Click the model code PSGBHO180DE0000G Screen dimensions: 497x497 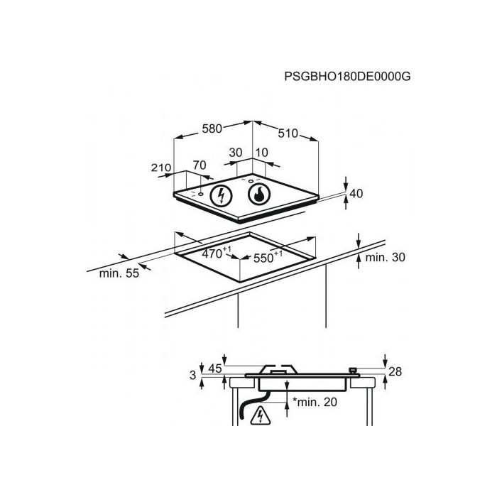click(347, 77)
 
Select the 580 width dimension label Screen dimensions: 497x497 click(212, 129)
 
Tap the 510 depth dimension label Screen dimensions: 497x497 click(288, 133)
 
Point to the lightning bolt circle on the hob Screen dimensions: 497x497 click(222, 195)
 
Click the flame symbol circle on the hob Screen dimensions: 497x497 click(259, 194)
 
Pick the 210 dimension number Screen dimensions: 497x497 click(161, 168)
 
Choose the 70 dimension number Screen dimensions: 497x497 click(200, 165)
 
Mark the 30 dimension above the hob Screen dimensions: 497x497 click(236, 153)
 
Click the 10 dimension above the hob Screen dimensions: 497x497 click(261, 153)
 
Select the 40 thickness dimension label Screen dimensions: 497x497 click(356, 193)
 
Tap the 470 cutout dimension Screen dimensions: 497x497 click(217, 253)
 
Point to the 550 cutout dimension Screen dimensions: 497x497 click(268, 257)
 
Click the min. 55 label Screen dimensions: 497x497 click(119, 273)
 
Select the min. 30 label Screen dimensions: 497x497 click(385, 257)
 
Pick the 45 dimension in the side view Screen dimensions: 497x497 click(215, 368)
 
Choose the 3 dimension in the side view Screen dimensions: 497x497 click(192, 376)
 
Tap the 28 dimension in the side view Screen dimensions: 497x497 click(395, 371)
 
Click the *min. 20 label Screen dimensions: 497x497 click(315, 402)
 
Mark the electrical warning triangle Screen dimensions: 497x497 click(261, 415)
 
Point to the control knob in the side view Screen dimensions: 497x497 click(352, 370)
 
